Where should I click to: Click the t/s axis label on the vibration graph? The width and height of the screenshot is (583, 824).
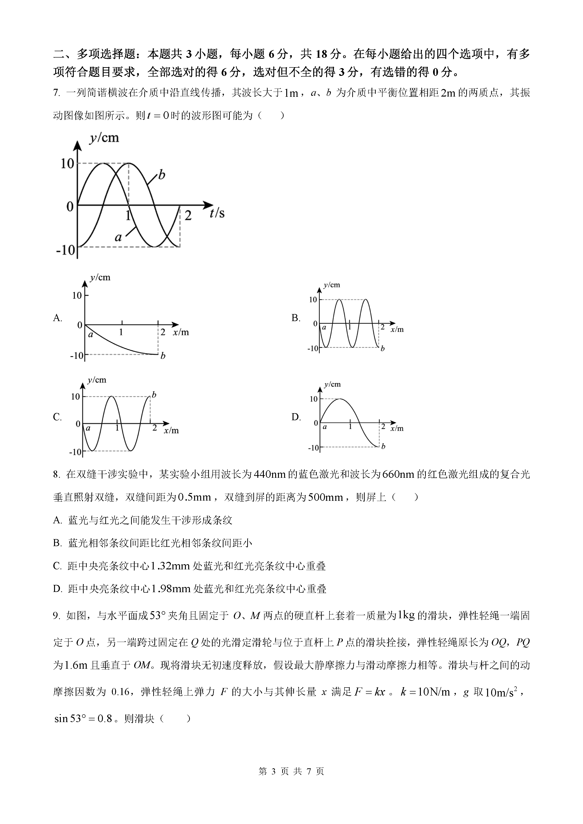pyautogui.click(x=217, y=213)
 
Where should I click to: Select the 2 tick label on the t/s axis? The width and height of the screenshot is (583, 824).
pyautogui.click(x=188, y=216)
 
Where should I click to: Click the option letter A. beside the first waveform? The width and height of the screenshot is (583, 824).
pyautogui.click(x=57, y=318)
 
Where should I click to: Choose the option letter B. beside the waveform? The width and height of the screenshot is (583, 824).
pyautogui.click(x=296, y=318)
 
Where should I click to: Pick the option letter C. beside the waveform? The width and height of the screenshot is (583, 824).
pyautogui.click(x=57, y=417)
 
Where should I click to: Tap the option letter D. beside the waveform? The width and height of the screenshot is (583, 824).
pyautogui.click(x=296, y=417)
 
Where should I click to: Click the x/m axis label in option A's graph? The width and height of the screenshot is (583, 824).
pyautogui.click(x=180, y=332)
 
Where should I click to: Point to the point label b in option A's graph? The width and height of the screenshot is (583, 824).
pyautogui.click(x=163, y=356)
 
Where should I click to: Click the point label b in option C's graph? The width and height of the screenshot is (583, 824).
pyautogui.click(x=154, y=395)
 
